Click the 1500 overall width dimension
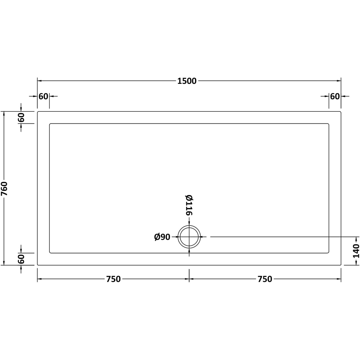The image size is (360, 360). point(187,81)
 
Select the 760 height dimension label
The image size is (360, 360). point(5,189)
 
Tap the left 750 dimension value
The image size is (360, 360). point(113,279)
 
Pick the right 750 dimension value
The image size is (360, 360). point(265,279)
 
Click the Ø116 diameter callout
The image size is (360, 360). point(189,205)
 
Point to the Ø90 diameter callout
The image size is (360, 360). point(162,237)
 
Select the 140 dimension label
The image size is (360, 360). point(356,251)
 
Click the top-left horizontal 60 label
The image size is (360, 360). point(44,96)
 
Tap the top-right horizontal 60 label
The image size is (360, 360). point(335,96)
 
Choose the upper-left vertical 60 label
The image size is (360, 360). point(21,118)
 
